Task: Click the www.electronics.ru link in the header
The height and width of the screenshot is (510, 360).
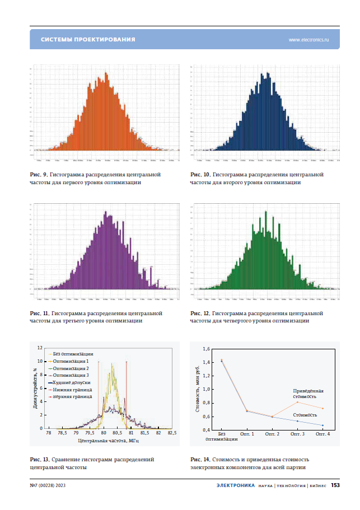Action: click(308, 40)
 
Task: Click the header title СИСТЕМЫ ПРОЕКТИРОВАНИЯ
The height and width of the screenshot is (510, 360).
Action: click(88, 40)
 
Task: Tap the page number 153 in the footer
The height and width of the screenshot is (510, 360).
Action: click(335, 485)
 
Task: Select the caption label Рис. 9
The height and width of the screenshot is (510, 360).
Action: click(39, 175)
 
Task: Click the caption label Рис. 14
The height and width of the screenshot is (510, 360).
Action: click(200, 460)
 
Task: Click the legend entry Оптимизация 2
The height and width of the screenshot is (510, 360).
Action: click(71, 368)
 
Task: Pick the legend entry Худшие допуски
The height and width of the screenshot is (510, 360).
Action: click(72, 382)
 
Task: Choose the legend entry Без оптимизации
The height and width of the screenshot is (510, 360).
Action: click(73, 354)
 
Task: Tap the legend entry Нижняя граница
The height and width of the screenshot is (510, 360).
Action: click(73, 389)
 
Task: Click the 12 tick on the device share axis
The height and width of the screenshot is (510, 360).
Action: click(40, 348)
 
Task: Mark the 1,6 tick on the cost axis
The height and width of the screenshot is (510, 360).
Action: click(206, 349)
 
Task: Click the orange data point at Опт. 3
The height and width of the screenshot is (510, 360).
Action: click(297, 402)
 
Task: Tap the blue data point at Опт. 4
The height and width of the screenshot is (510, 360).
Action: click(322, 425)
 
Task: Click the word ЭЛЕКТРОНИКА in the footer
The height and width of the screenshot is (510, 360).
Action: click(236, 485)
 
